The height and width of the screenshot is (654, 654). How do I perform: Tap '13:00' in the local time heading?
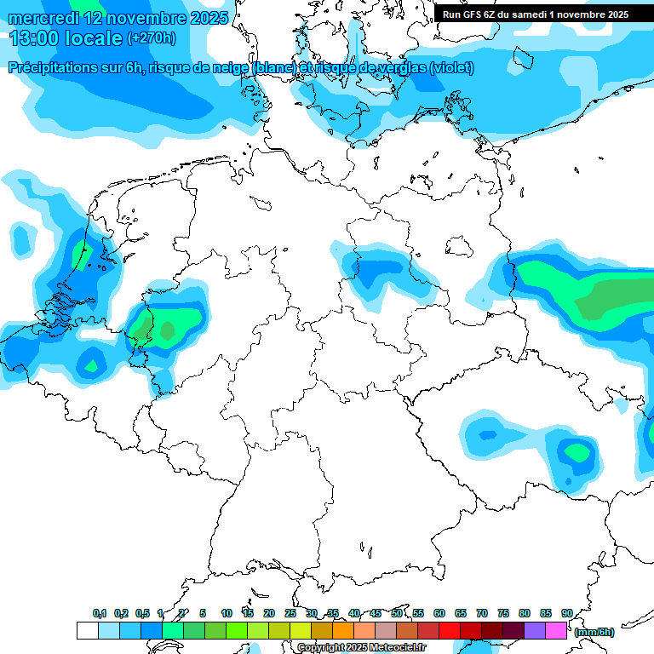point(36,38)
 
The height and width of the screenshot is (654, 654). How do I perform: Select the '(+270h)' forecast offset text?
point(152,38)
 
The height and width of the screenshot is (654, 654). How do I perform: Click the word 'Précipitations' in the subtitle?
point(51,68)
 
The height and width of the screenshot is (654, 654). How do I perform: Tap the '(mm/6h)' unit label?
point(594,632)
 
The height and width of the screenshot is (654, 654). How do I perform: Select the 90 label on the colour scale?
point(566,613)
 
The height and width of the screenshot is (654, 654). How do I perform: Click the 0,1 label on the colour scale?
point(100,613)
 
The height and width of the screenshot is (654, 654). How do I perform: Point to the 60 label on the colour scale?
point(439,613)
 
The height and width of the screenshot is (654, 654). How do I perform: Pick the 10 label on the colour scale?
point(227,613)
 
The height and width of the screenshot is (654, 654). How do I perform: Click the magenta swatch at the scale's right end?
point(556,631)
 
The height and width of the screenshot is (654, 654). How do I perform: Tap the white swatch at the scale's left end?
point(87,631)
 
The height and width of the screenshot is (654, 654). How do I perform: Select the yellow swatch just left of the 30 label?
point(300,631)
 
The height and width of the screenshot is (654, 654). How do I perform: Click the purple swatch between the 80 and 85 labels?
point(535,631)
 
